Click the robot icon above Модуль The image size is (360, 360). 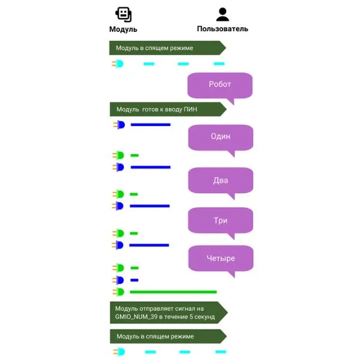click(x=123, y=14)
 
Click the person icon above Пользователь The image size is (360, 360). click(x=223, y=14)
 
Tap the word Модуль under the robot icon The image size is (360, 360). click(x=123, y=29)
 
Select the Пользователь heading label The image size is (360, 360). click(x=223, y=29)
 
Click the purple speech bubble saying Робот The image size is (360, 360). click(x=220, y=85)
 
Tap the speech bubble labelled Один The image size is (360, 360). click(x=220, y=137)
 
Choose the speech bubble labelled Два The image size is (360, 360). click(x=220, y=179)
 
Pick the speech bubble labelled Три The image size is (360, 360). click(x=220, y=220)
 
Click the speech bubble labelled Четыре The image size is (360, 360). click(x=220, y=259)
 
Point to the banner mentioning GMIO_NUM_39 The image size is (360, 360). click(x=167, y=312)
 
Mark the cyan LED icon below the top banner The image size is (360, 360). click(x=119, y=63)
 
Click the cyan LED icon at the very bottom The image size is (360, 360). click(x=119, y=352)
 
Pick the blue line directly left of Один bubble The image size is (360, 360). click(x=151, y=125)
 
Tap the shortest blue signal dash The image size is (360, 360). click(x=134, y=280)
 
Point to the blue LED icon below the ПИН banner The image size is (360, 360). click(x=120, y=125)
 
